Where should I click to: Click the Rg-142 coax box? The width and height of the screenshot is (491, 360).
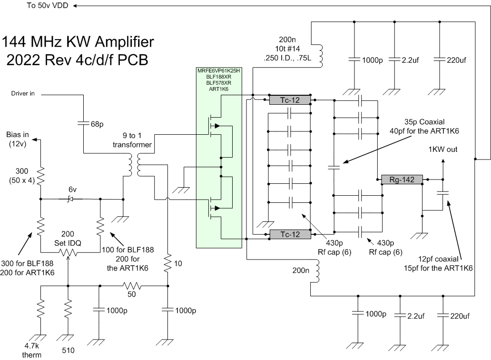click(x=402, y=180)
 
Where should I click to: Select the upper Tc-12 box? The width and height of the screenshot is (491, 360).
click(x=290, y=100)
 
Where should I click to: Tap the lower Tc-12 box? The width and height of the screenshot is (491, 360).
click(x=290, y=234)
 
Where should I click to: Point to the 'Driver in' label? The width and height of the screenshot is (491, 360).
click(x=23, y=94)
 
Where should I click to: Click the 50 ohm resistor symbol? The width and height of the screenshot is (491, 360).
click(x=131, y=286)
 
